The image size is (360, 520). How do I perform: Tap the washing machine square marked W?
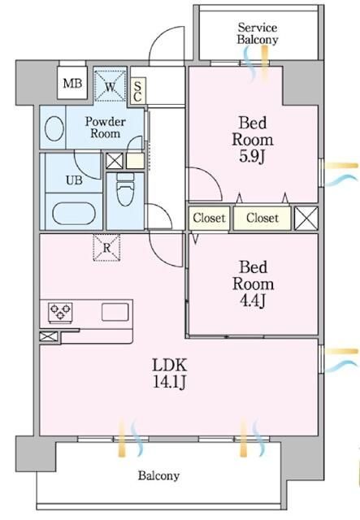pyautogui.click(x=110, y=84)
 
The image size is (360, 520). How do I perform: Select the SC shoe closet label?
pyautogui.click(x=138, y=89)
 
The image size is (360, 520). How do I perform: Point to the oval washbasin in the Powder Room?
pyautogui.click(x=55, y=128)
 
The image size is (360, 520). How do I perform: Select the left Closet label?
pyautogui.click(x=209, y=218)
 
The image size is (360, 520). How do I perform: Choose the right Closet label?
pyautogui.click(x=262, y=218)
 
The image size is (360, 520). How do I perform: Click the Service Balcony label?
pyautogui.click(x=258, y=32)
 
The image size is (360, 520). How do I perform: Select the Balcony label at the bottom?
pyautogui.click(x=158, y=476)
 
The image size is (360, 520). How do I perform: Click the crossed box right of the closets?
pyautogui.click(x=306, y=218)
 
